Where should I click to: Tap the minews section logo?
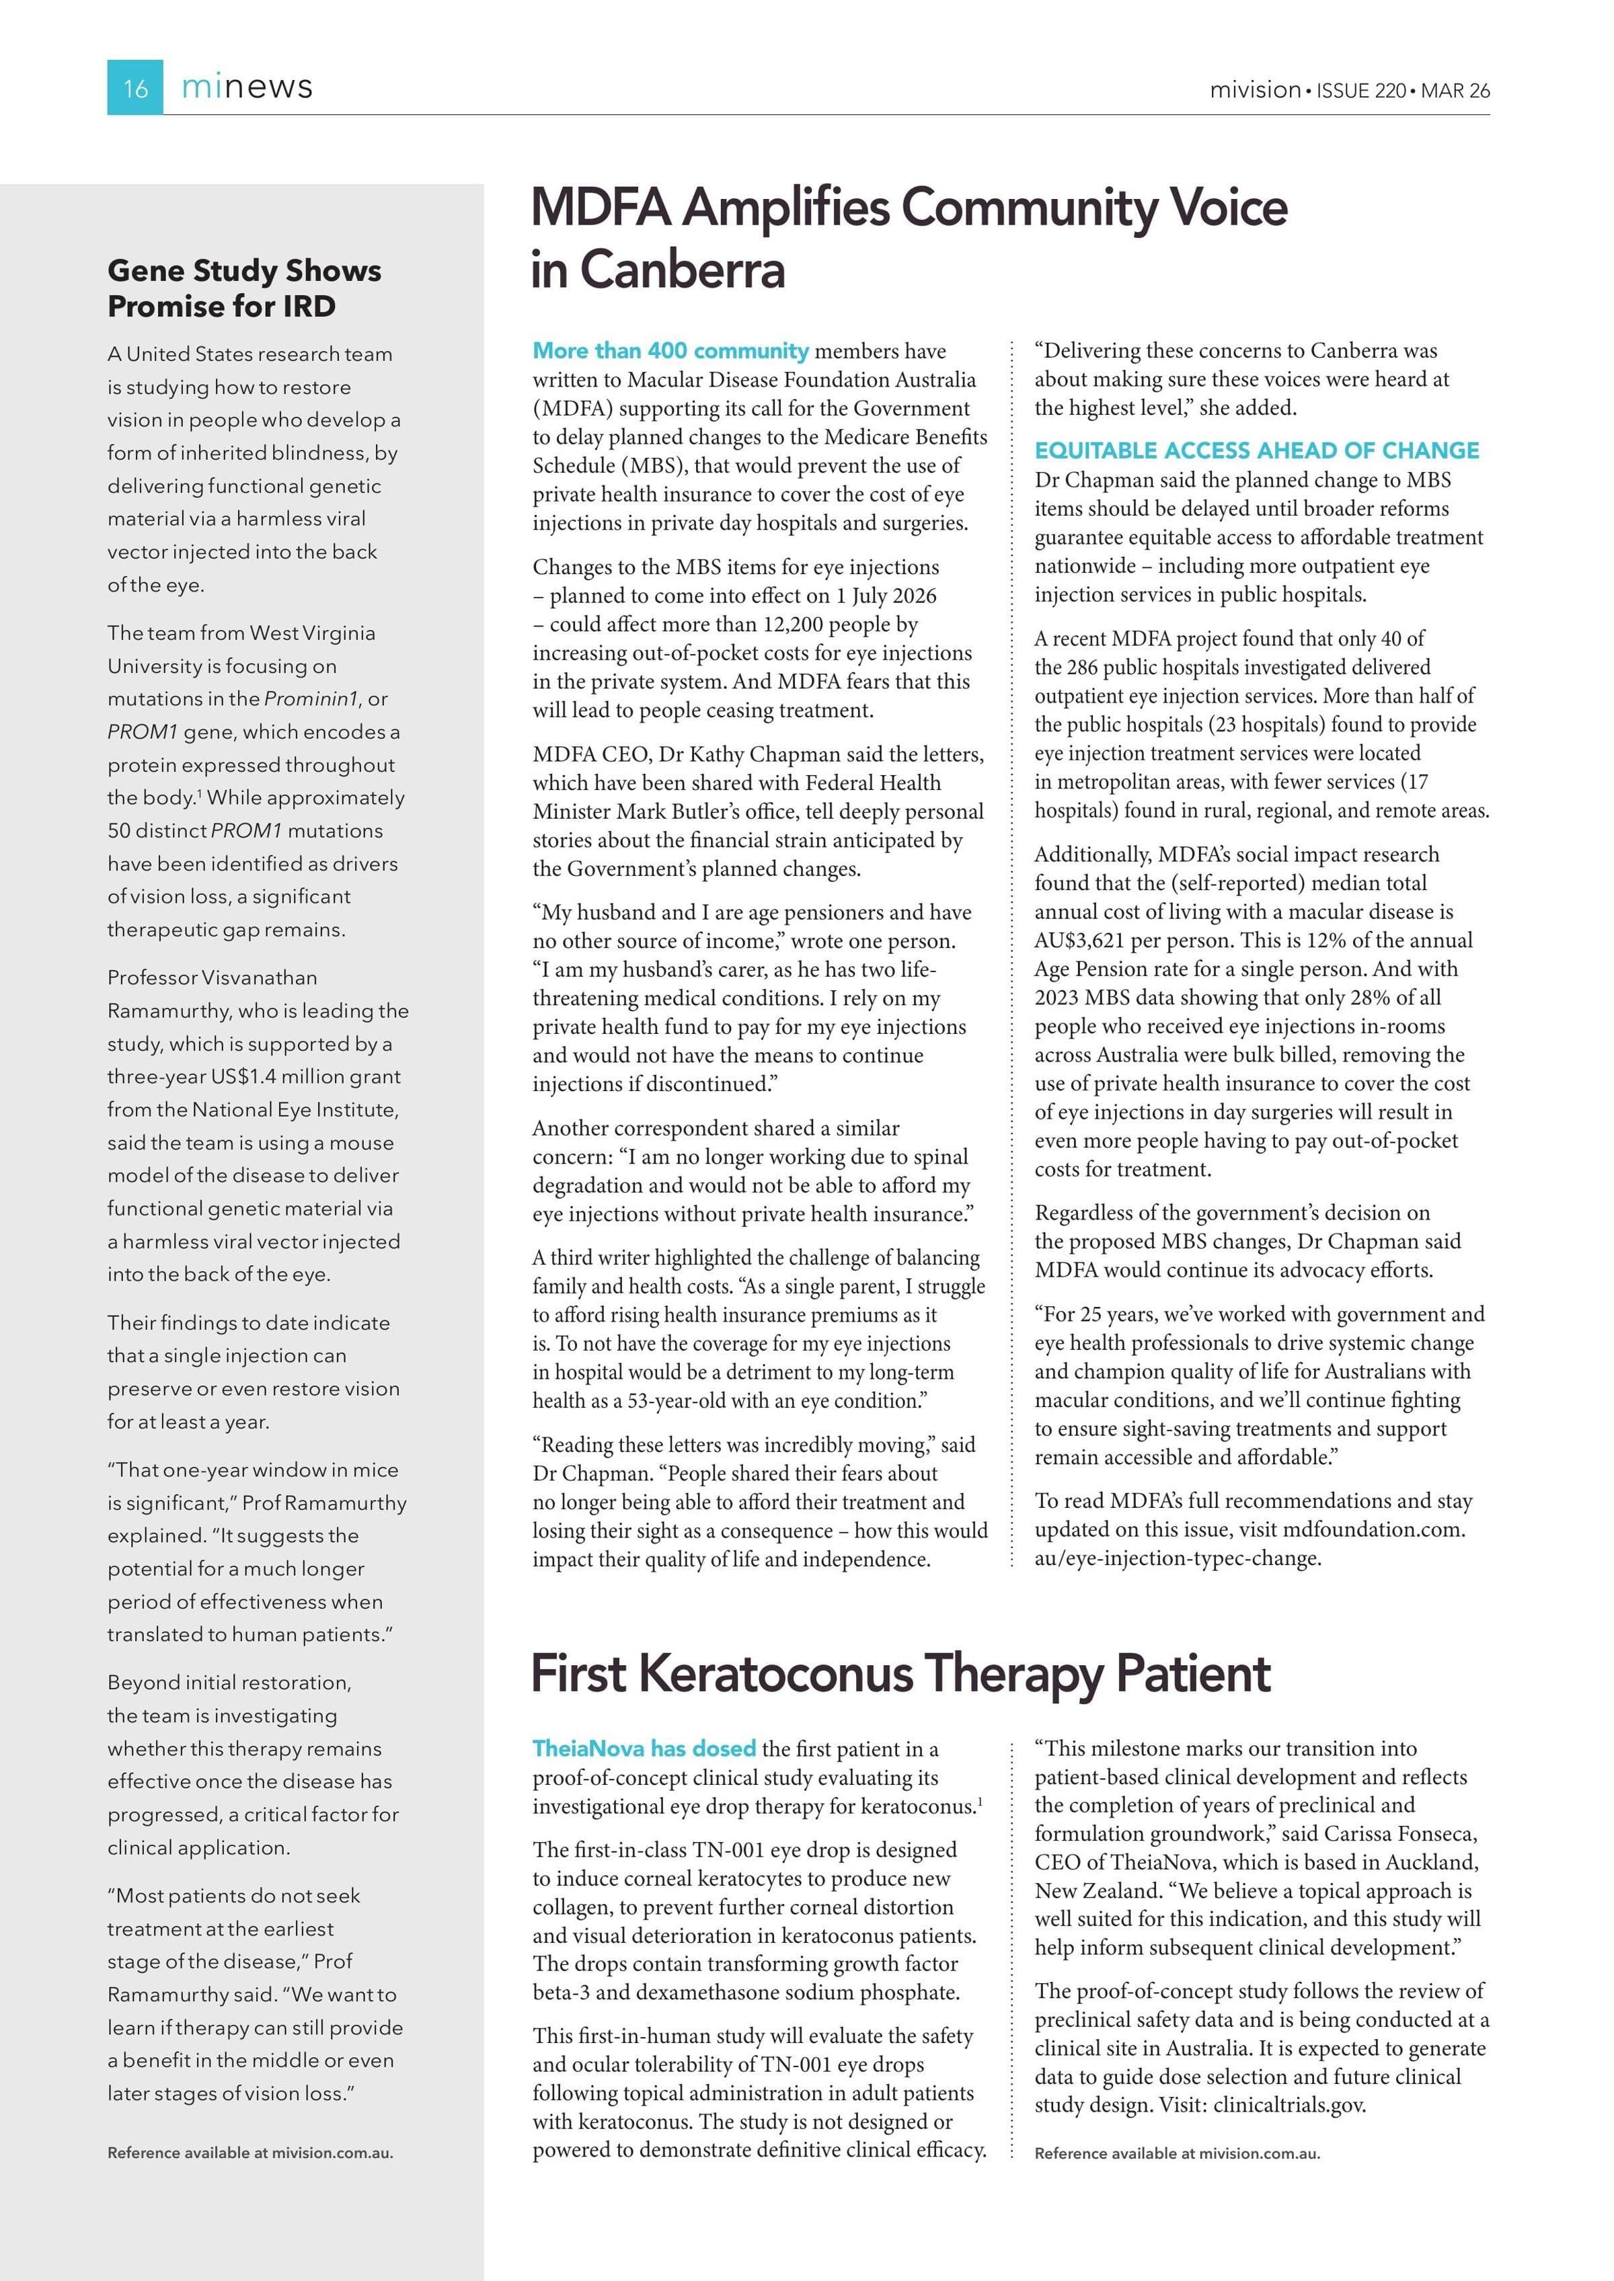(x=247, y=87)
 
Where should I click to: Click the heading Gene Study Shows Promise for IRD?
(x=243, y=288)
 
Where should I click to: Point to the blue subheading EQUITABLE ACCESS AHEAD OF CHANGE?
(x=1256, y=450)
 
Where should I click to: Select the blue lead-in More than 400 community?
(x=671, y=351)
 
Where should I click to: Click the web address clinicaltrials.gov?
(x=1289, y=2104)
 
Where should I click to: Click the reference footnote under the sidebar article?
(x=249, y=2153)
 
